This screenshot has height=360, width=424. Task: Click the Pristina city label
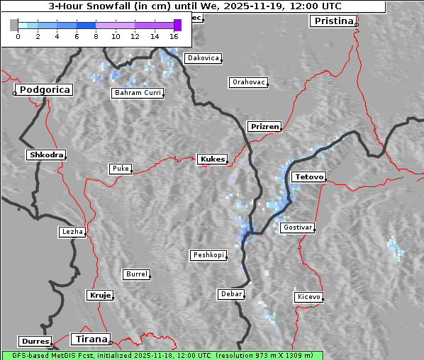pos(333,21)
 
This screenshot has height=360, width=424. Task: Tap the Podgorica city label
pos(44,90)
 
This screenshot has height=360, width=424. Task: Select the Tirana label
pos(91,339)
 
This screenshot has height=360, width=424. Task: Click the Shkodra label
pos(46,154)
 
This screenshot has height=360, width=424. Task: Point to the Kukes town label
pos(212,159)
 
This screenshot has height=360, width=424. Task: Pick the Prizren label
pos(265,127)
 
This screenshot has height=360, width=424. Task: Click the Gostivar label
pos(297,227)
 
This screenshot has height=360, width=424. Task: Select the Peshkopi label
pos(208,255)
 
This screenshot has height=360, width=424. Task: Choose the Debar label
pos(231,294)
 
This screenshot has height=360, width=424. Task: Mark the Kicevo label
pos(308,297)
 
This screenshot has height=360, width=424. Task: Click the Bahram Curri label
pos(138,93)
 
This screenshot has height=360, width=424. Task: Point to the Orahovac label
pos(249,82)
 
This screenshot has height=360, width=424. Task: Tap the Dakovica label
pos(202,58)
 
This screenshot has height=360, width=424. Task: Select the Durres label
pos(35,342)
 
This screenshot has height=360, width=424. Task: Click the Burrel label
pos(136,274)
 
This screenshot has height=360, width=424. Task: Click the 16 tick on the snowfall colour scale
pos(174,35)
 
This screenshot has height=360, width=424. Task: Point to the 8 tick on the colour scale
pos(96,35)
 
